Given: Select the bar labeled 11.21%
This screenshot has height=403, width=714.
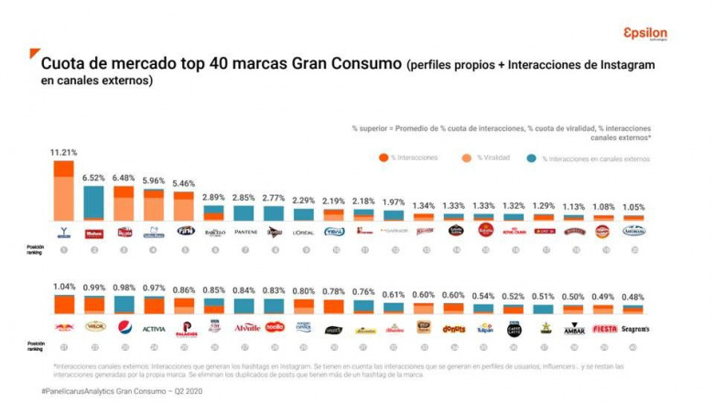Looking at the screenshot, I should point(64,191).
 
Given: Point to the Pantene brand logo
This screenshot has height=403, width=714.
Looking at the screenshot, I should point(243,232).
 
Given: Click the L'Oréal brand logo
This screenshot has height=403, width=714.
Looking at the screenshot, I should point(303,232).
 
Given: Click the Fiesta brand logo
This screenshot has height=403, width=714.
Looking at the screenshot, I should point(604,328).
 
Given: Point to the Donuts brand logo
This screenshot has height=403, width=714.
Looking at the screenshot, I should point(453,328).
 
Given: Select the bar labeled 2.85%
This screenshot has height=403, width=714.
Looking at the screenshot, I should point(243,212).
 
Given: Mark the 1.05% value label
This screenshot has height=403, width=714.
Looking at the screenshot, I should point(633,206).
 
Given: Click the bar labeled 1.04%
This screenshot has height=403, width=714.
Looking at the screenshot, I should point(64,304).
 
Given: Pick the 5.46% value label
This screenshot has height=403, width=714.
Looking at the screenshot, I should point(184,181).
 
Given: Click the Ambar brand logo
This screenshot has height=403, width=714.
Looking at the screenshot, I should point(574,328).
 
